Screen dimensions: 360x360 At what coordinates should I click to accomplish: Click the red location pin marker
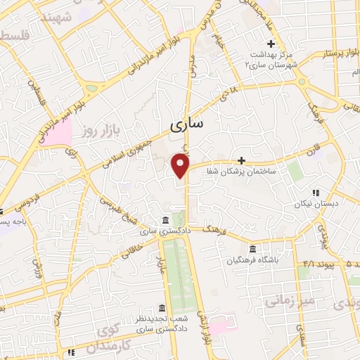[x=181, y=165]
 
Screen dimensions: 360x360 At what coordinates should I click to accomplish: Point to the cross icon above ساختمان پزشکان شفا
[x=242, y=160]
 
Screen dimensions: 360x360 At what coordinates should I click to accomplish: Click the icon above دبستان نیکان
[x=315, y=192]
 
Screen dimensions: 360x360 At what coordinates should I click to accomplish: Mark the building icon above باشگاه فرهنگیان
[x=252, y=249]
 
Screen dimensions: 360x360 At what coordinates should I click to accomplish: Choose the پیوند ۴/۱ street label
[x=310, y=264]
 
